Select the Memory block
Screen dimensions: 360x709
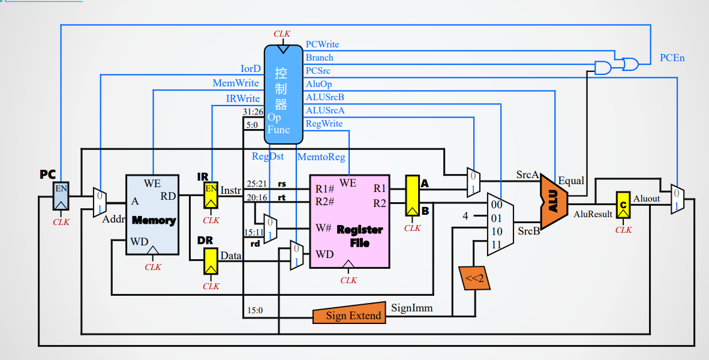pyautogui.click(x=152, y=214)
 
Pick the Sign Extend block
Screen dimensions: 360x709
pyautogui.click(x=349, y=314)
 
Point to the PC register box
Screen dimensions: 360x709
pyautogui.click(x=61, y=197)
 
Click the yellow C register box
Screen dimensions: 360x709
pyautogui.click(x=623, y=206)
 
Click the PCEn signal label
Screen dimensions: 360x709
pyautogui.click(x=672, y=58)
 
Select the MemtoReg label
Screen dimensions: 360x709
pyautogui.click(x=321, y=157)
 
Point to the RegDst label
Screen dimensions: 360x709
pyautogui.click(x=268, y=157)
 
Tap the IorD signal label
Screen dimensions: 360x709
pyautogui.click(x=251, y=69)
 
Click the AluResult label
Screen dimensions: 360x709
pyautogui.click(x=593, y=214)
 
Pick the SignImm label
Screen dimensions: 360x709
pyautogui.click(x=411, y=307)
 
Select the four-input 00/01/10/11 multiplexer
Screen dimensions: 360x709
pyautogui.click(x=500, y=224)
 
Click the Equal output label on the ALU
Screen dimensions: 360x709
pyautogui.click(x=570, y=181)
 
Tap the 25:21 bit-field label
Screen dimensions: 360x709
pyautogui.click(x=256, y=182)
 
